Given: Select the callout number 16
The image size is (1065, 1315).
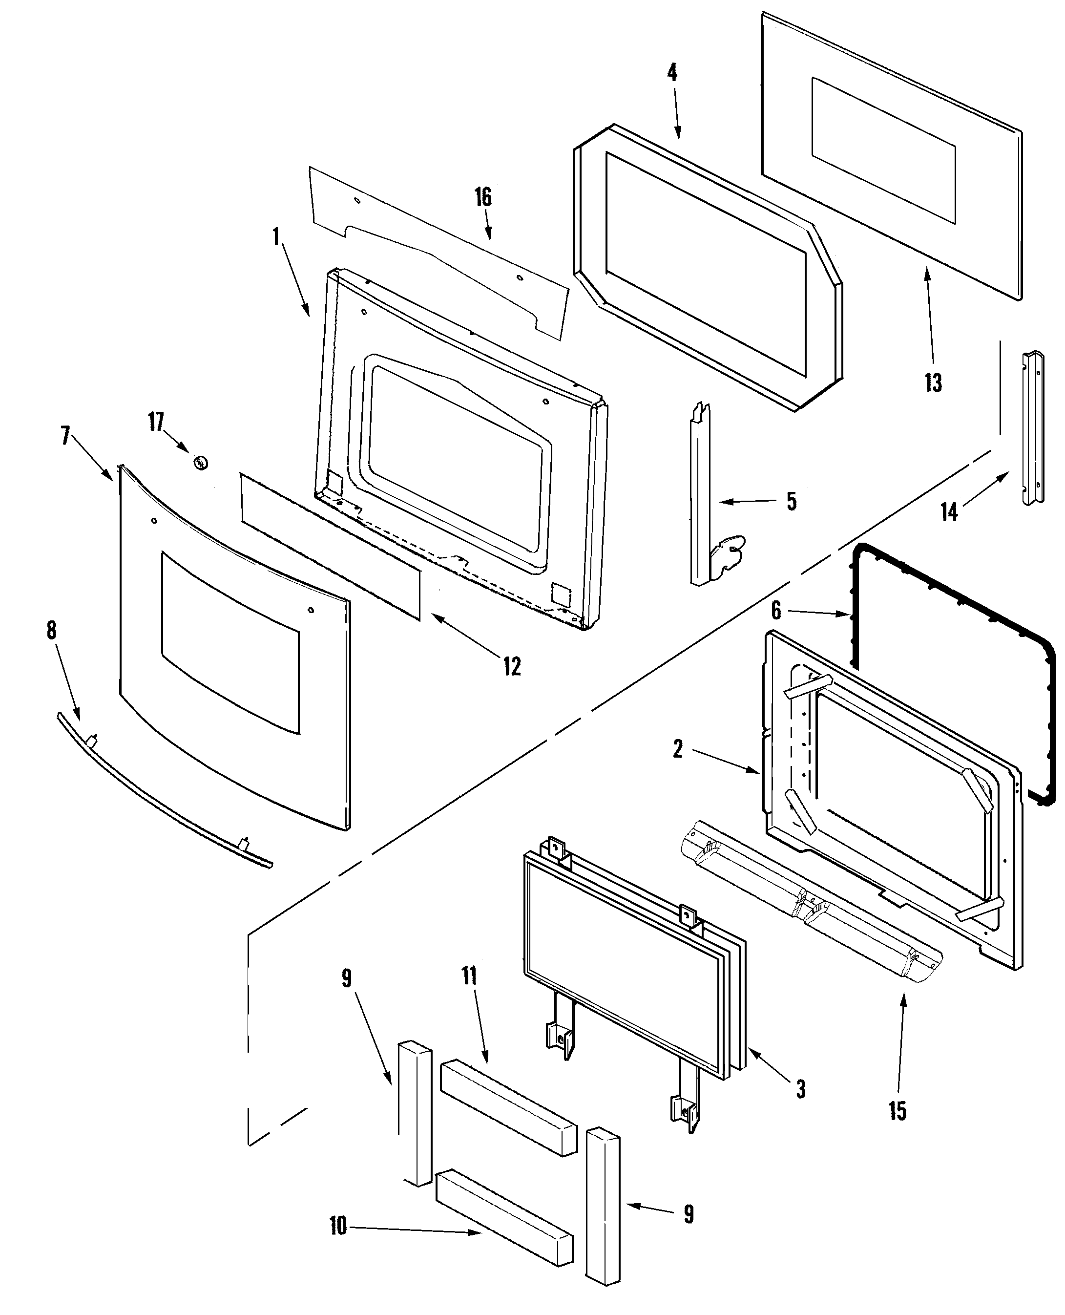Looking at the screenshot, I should click(483, 197).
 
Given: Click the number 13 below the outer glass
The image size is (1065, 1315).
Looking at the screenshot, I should click(933, 383).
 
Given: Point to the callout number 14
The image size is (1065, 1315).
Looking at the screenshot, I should click(949, 512).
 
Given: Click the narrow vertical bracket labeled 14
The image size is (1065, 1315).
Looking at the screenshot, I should click(1032, 428).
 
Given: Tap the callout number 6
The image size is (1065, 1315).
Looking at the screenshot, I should click(776, 611).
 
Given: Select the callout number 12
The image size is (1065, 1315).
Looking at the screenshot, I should click(512, 666).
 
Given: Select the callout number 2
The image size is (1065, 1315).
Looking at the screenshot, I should click(677, 749).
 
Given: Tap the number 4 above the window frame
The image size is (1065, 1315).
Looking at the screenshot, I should click(672, 73).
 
